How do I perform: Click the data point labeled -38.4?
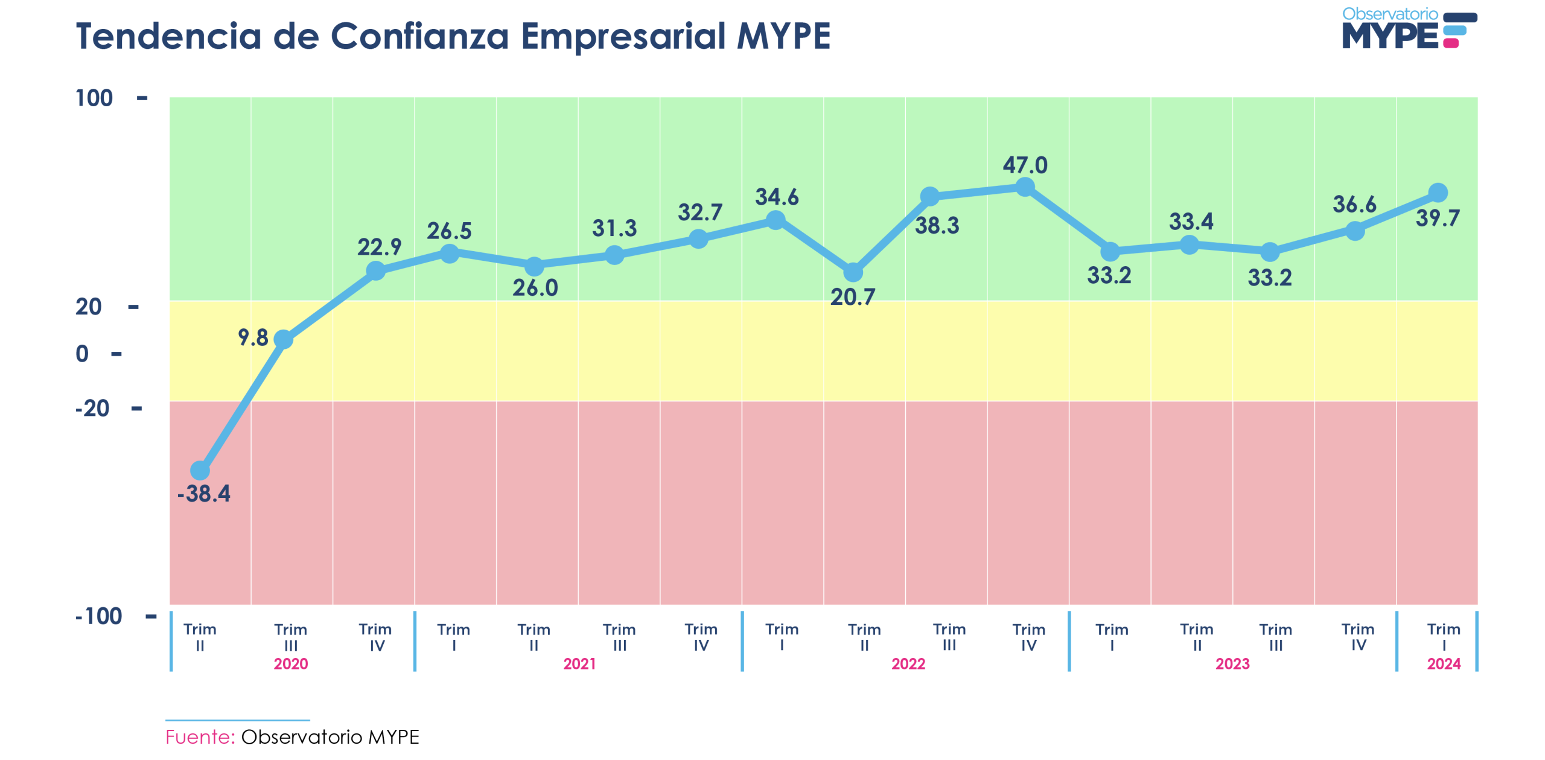[x=200, y=470]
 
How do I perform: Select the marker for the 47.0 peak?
[x=1025, y=187]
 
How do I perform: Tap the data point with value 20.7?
[x=853, y=273]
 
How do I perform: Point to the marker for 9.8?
[x=283, y=339]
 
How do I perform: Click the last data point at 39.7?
[x=1438, y=193]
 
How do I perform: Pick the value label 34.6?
[x=777, y=197]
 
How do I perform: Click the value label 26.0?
[x=535, y=288]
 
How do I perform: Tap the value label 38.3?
[x=937, y=226]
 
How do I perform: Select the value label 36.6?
[x=1354, y=205]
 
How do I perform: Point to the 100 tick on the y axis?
[x=94, y=98]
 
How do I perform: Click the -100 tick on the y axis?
[x=98, y=616]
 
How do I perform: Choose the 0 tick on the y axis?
[x=82, y=354]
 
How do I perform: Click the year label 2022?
[x=908, y=664]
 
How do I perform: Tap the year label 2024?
[x=1444, y=664]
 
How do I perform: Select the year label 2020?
[x=291, y=664]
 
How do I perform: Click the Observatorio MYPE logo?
[x=1409, y=28]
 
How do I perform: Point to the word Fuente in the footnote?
[x=200, y=737]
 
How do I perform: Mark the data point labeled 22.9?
[x=375, y=270]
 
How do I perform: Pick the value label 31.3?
[x=614, y=228]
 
